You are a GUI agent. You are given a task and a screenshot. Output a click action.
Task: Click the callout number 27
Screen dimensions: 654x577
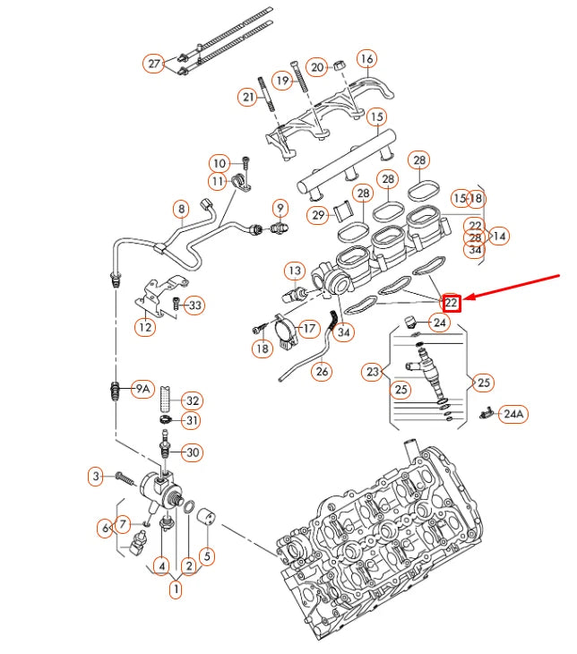(x=154, y=64)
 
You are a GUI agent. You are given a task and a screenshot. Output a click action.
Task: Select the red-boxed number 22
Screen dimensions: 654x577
(x=452, y=303)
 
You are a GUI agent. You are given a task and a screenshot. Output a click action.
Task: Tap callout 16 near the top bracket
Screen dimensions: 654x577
(x=366, y=59)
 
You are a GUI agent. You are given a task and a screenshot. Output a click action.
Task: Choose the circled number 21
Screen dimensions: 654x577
(x=248, y=96)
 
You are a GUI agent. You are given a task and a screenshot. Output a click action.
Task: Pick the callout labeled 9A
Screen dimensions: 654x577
(x=142, y=389)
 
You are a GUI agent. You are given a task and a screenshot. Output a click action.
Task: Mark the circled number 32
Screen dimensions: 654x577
(x=193, y=400)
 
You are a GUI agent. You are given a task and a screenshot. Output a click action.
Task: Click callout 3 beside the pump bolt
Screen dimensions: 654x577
(x=96, y=477)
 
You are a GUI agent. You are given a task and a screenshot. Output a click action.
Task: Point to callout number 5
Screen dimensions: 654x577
(x=206, y=555)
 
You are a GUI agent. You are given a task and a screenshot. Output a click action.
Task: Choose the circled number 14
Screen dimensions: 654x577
(x=499, y=237)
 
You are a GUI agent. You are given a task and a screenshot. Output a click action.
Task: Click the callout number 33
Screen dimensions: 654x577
(x=194, y=305)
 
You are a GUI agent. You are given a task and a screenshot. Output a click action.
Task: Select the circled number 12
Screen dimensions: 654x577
(x=145, y=327)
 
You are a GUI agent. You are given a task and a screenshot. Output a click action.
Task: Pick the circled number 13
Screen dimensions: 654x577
(x=295, y=271)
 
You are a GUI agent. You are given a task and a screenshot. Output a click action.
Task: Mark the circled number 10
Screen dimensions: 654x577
(x=220, y=163)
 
